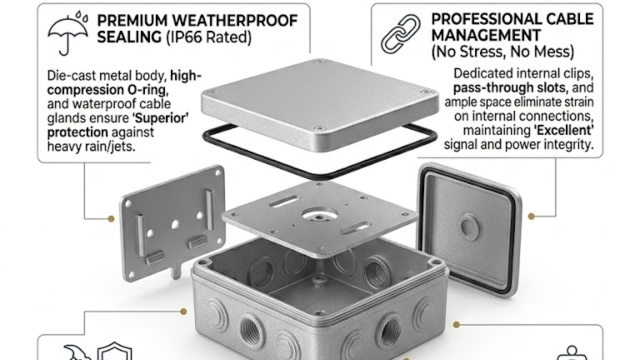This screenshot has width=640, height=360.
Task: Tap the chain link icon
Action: click(401, 34)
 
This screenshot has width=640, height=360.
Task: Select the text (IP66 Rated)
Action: click(209, 37)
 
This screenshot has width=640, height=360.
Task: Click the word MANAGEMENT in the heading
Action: click(486, 36)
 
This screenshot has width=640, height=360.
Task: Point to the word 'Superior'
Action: click(161, 118)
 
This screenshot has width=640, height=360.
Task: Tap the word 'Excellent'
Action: click(564, 130)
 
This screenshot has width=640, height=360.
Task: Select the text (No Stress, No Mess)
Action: click(503, 52)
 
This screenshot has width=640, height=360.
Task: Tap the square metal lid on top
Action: click(319, 105)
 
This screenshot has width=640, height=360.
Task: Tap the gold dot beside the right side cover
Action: click(531, 216)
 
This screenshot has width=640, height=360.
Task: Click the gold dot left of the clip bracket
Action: click(111, 219)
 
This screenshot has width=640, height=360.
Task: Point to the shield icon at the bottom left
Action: click(115, 351)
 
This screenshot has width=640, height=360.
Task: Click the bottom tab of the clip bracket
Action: click(176, 271)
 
